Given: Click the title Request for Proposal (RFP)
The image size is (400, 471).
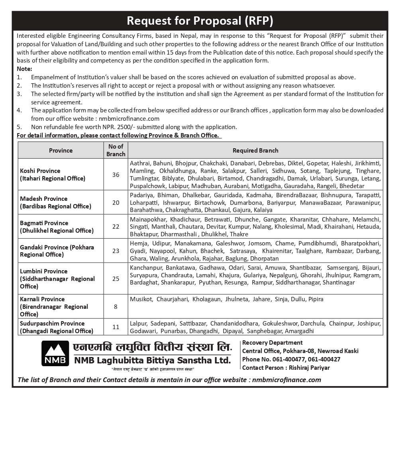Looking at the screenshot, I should point(200,21).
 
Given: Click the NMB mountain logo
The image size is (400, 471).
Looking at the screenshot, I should point(55,353).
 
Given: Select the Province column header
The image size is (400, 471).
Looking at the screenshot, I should point(61,150).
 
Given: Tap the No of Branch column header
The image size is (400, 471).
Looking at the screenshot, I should point(116,150).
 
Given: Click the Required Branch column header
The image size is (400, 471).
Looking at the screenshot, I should point(255,150).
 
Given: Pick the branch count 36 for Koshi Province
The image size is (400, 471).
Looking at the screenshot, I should point(116,175).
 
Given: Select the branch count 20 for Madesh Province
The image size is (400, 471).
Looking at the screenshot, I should point(116,202).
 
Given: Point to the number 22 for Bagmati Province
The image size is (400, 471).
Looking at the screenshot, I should point(116,226).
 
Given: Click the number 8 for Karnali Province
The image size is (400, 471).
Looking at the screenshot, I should point(116,306).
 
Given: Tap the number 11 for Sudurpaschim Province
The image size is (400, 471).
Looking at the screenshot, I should point(116,327).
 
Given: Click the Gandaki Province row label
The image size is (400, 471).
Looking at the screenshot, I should point(57,251).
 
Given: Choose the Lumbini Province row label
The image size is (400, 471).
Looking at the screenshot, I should point(57,279).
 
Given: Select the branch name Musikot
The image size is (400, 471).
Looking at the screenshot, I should point(140,299).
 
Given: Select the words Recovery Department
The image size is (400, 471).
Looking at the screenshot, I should point(272,343).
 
